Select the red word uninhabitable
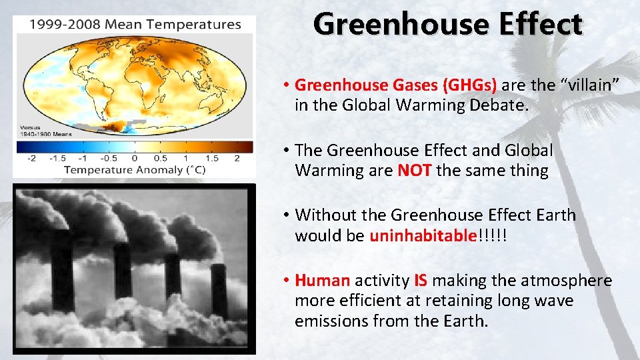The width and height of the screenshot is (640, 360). point(423,236)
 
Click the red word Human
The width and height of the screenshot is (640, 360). point(323,281)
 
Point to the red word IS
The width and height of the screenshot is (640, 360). point(421,281)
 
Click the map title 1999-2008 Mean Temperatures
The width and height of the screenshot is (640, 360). point(135,25)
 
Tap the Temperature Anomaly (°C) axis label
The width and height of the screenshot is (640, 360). point(135,170)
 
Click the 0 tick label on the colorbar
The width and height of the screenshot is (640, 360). point(134,158)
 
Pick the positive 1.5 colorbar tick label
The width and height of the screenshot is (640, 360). point(211,158)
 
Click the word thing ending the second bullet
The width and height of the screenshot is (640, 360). point(527,171)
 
